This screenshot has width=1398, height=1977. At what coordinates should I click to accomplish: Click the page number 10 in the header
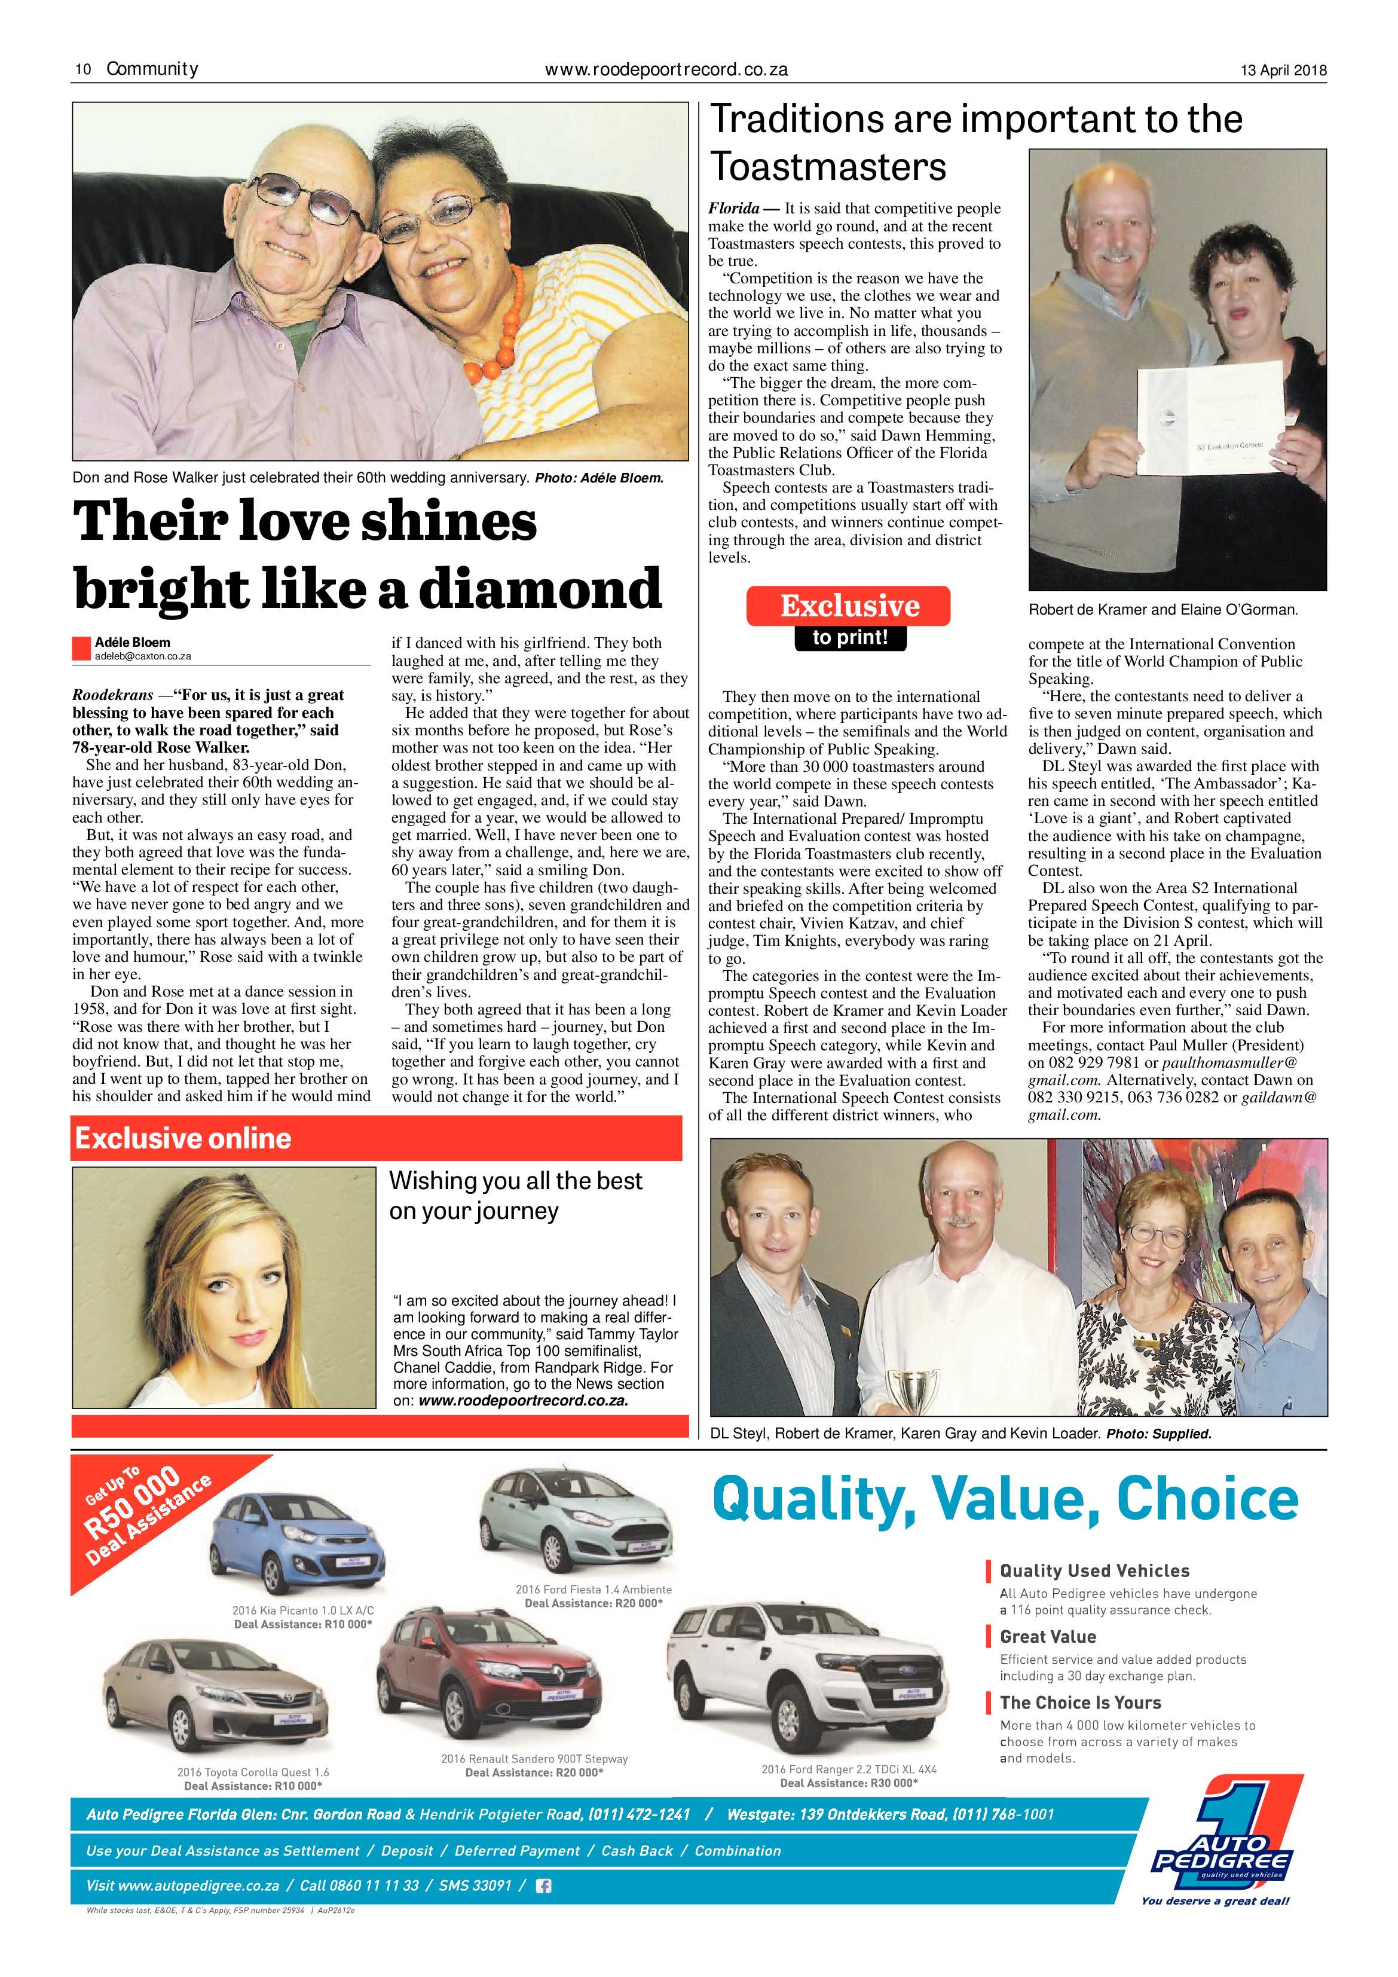pos(84,70)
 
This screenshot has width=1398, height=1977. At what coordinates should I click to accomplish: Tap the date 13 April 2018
pos(1283,71)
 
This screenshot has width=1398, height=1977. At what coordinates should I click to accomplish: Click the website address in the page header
pos(666,70)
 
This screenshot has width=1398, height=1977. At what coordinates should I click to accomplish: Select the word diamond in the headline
pos(540,589)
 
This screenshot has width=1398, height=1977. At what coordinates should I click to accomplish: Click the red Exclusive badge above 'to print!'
pos(848,606)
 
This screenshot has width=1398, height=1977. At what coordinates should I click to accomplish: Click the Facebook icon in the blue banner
pos(543,1886)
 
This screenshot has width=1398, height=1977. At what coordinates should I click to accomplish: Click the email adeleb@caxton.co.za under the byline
pos(143,656)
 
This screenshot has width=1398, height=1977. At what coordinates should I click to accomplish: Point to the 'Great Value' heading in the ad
pos(1048,1636)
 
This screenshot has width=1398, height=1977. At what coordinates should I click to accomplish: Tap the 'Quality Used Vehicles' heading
pos(1094,1570)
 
